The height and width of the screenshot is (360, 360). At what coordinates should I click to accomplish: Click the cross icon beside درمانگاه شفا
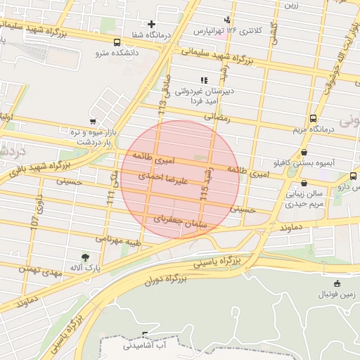coord(151,25)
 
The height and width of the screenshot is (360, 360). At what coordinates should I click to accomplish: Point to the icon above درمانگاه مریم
coord(313,118)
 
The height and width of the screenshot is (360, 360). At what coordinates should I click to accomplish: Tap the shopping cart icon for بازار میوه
coord(93,121)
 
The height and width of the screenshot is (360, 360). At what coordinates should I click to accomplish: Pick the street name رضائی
coord(217,118)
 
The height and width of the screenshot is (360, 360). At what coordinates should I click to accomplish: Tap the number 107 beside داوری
coord(32,221)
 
